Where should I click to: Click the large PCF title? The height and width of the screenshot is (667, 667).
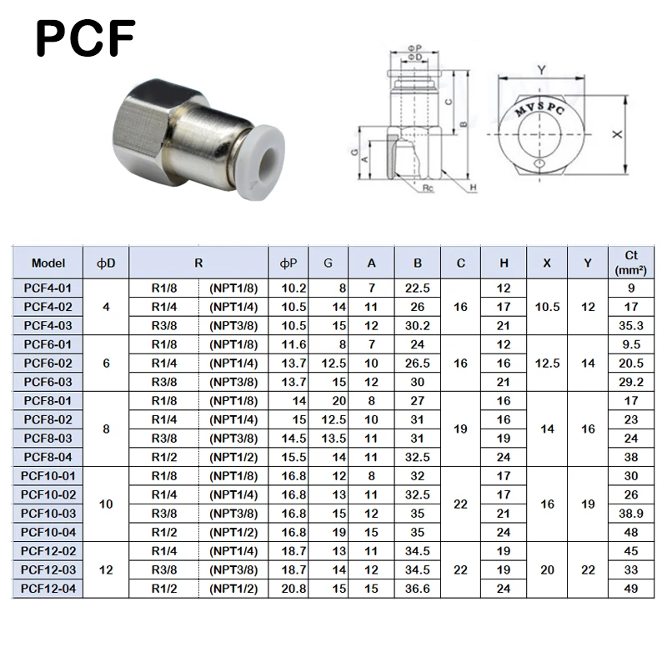click(86, 38)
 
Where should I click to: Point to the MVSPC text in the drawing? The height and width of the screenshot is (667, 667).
click(539, 109)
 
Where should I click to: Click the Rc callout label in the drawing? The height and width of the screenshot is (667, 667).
click(428, 188)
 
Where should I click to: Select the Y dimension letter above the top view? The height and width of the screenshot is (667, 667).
click(541, 70)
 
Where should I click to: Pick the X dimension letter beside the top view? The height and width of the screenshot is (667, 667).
click(617, 134)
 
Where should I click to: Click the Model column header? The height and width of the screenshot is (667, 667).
click(48, 263)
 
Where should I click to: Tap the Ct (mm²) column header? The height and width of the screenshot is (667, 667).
click(631, 263)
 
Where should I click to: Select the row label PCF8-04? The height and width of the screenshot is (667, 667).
click(48, 457)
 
